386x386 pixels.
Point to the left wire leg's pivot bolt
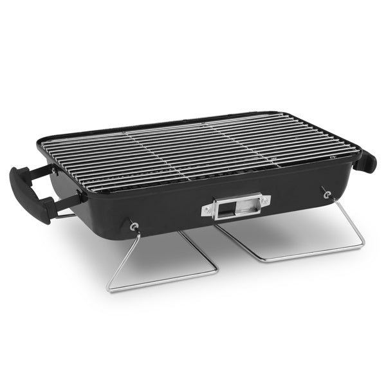point(133,226)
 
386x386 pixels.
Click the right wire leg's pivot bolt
point(327,192)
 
